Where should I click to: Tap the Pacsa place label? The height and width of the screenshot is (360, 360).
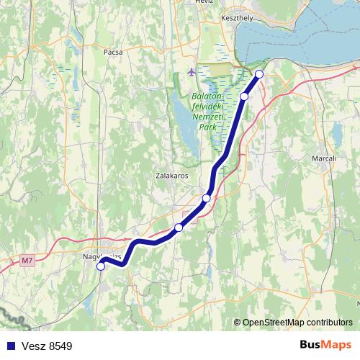tap(113, 52)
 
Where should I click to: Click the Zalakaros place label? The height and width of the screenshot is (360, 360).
tap(172, 175)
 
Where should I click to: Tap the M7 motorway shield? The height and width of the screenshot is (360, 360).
tap(27, 260)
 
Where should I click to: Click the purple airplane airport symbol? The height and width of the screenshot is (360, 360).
tap(190, 72)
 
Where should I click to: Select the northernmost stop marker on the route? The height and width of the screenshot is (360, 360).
tap(259, 74)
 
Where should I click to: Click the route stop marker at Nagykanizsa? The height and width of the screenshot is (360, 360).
tap(101, 266)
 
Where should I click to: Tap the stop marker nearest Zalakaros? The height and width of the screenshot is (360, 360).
tap(207, 198)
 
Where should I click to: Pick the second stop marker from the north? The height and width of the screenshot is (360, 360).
tap(244, 96)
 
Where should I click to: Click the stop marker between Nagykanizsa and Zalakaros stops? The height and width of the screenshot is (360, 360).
tap(179, 228)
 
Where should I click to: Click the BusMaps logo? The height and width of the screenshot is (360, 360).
tap(326, 345)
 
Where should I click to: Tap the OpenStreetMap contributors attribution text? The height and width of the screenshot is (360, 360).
tap(297, 323)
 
